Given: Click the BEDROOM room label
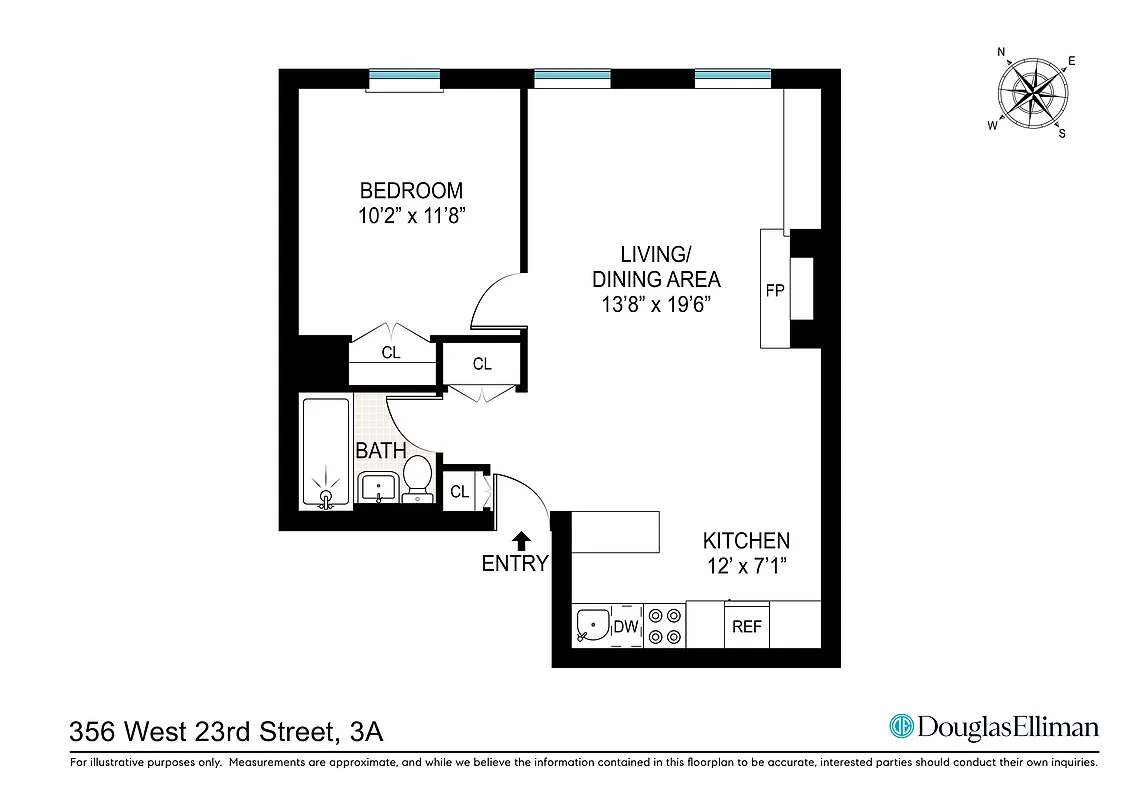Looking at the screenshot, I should (x=411, y=190).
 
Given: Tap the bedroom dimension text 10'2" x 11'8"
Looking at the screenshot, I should (x=411, y=215).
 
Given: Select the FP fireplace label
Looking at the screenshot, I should (x=774, y=291).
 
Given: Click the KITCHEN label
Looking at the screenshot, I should (x=746, y=541).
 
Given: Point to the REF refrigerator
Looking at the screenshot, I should (x=747, y=627).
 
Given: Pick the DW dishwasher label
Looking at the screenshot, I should (x=626, y=627).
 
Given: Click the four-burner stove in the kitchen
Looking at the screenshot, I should (x=663, y=626).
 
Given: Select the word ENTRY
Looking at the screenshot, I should (x=515, y=564).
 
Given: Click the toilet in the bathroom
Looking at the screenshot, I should (x=417, y=477).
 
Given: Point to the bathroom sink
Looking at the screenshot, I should (x=378, y=489).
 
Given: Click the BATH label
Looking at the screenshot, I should (x=381, y=451).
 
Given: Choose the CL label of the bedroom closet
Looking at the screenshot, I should (x=391, y=353).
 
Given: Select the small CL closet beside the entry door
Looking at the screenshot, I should (x=459, y=491).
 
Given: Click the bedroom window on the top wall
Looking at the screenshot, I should (x=404, y=78).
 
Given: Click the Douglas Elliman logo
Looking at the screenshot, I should (x=994, y=727).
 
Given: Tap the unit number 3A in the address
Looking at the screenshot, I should (x=367, y=733).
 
